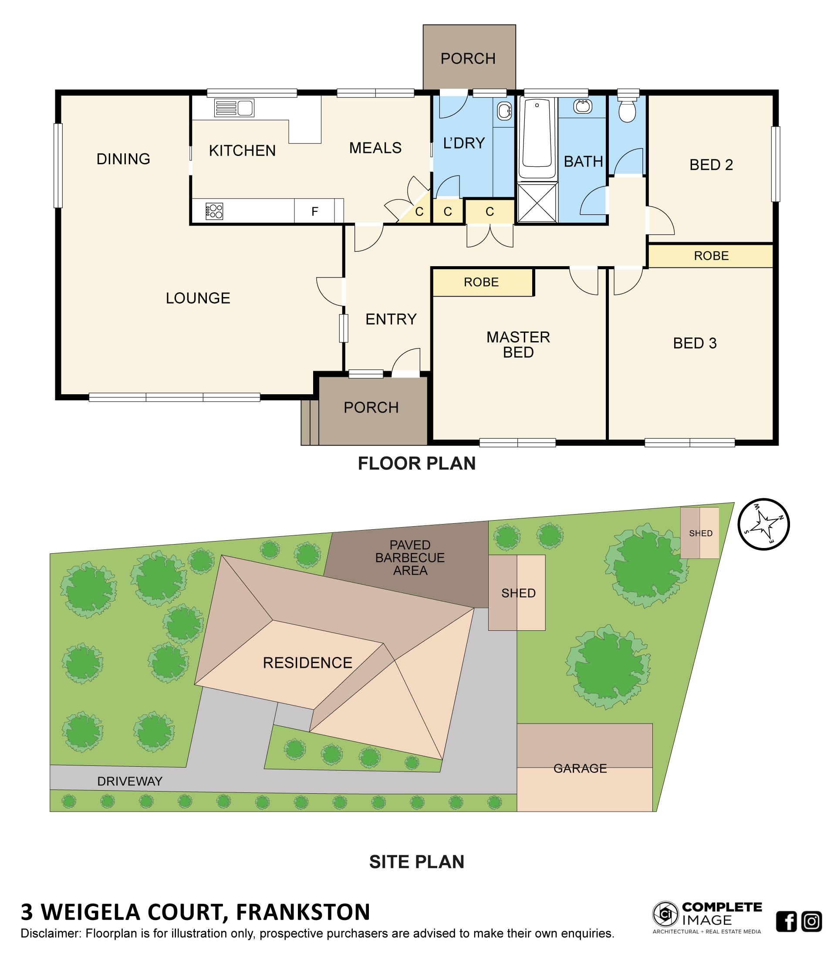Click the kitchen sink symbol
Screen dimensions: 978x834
coord(234,108)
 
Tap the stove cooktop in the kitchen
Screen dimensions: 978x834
coord(214,211)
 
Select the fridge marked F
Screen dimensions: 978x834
coord(315,211)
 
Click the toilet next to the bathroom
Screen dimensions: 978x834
coord(627,111)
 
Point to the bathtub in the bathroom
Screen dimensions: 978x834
coord(537,137)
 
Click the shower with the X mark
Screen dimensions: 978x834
coord(537,203)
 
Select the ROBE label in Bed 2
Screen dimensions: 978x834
coord(711,256)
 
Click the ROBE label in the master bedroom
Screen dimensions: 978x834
coord(481,282)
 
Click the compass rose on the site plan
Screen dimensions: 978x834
coord(763,525)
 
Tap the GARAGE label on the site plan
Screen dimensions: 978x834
coord(580,768)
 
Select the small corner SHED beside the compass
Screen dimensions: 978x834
coord(699,533)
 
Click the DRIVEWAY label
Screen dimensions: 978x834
coord(130,781)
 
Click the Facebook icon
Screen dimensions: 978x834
coord(786,921)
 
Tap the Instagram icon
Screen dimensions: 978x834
coord(811,921)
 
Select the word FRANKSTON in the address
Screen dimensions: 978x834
coord(303,912)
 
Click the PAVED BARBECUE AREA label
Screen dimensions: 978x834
coord(410,558)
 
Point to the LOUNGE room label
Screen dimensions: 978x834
coord(198,298)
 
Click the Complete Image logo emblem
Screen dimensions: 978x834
coord(665,914)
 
